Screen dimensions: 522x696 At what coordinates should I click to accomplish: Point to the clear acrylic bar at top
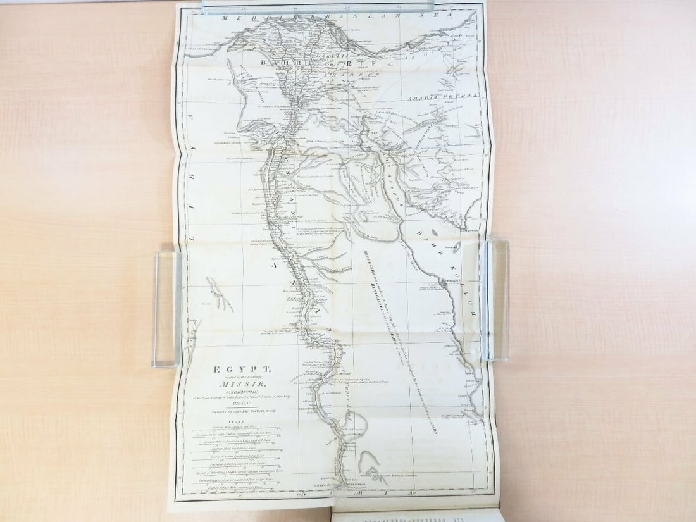point(316,6)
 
